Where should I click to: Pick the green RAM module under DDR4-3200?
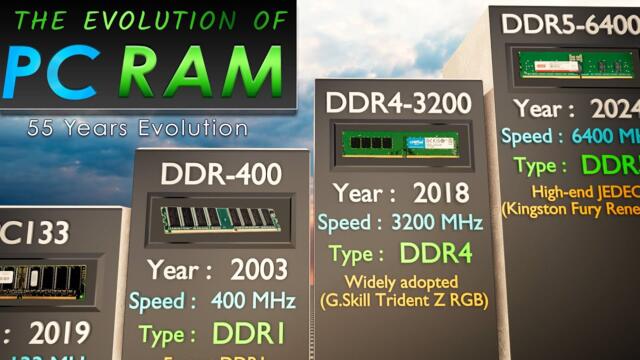coord(400,144)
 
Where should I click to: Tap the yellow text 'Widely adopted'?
coord(401,282)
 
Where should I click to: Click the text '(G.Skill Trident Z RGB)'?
coord(401,300)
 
